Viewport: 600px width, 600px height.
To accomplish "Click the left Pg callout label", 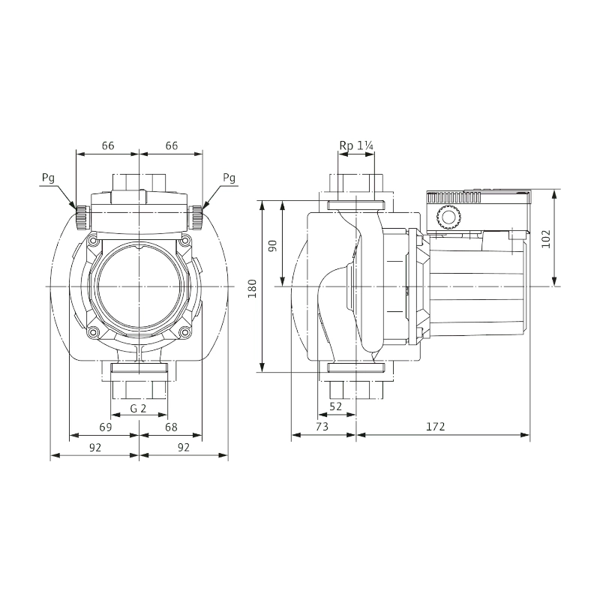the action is (48, 178).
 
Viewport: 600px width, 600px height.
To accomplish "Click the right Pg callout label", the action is (229, 178).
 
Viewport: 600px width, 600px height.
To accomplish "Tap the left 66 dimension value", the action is (108, 145).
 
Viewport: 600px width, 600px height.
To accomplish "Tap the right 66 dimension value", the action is (172, 145).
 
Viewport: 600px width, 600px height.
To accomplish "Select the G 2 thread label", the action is (138, 409).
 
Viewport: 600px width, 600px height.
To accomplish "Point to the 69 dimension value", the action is (106, 427).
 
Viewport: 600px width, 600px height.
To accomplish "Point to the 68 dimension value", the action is (171, 427).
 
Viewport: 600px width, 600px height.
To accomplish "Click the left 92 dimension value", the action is (95, 447).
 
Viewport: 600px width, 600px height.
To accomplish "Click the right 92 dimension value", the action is (184, 447).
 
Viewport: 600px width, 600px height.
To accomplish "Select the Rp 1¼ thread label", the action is (356, 145).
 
